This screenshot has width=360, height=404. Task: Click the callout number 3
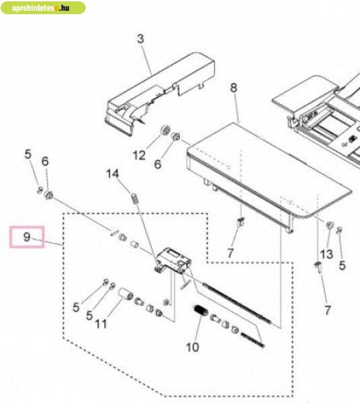[x=140, y=39]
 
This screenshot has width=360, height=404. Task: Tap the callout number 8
[x=233, y=88]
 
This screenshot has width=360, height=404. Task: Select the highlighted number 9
[x=27, y=237]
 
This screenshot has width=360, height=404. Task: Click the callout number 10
[x=192, y=347]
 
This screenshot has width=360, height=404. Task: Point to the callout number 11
[x=101, y=324]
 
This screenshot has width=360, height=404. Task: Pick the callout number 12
[x=139, y=156]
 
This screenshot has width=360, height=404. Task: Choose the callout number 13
[x=326, y=255]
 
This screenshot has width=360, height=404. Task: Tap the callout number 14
[x=113, y=174]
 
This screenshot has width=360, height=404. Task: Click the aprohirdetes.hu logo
[x=42, y=7]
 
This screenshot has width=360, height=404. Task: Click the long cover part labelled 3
[x=160, y=94]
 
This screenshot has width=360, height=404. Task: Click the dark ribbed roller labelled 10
[x=201, y=310]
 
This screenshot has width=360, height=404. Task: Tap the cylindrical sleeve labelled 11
[x=125, y=294]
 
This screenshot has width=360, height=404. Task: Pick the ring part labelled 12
[x=164, y=131]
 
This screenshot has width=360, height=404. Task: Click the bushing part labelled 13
[x=330, y=225]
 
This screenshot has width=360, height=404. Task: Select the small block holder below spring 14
[x=173, y=260]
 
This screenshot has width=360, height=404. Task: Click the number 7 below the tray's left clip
[x=231, y=252]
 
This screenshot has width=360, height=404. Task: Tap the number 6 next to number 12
[x=158, y=164]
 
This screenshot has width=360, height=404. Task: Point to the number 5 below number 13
[x=342, y=265]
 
